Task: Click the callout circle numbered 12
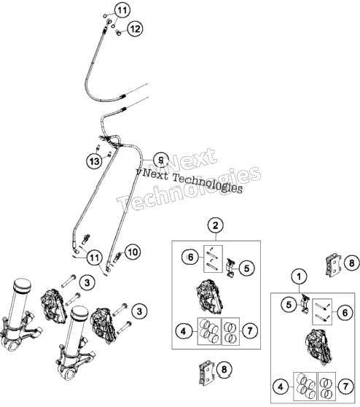(x=135, y=28)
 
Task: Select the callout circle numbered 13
(x=95, y=161)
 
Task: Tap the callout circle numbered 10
(x=133, y=252)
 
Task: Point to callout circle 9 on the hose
(x=161, y=160)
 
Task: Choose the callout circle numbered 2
(x=216, y=225)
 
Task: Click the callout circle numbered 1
(x=299, y=276)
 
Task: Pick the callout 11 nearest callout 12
(x=122, y=10)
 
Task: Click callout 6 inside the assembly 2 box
(x=191, y=257)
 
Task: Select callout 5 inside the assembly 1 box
(x=289, y=304)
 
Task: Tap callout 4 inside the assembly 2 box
(x=184, y=331)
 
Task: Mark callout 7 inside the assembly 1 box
(x=345, y=387)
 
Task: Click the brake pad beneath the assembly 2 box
(x=207, y=372)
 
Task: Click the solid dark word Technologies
(x=208, y=183)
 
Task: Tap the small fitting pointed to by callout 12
(x=118, y=32)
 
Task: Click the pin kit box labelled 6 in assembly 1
(x=322, y=311)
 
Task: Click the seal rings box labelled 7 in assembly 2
(x=231, y=331)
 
